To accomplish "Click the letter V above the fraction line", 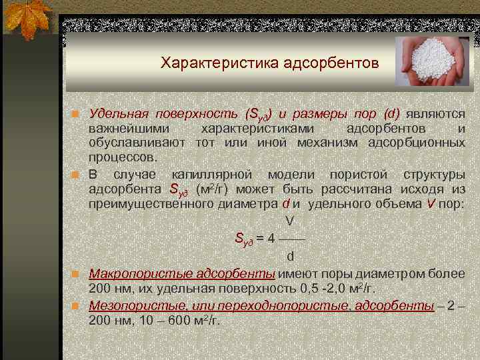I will click(289, 220).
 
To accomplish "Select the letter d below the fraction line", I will click(290, 256).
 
